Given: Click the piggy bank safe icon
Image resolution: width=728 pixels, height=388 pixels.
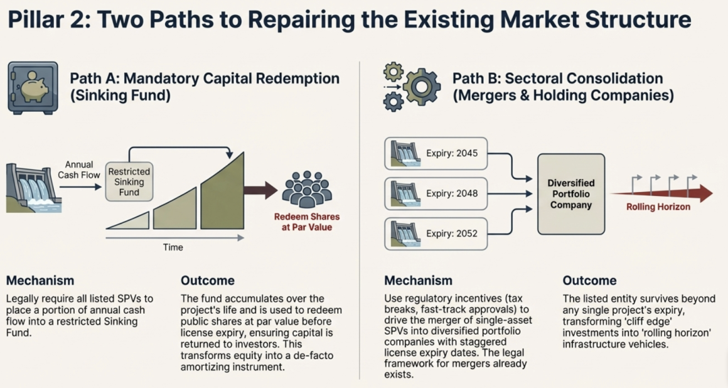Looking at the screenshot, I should tap(33, 88).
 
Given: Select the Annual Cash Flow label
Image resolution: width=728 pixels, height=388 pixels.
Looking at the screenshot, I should tap(79, 170).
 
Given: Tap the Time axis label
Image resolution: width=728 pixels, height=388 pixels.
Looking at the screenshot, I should tap(173, 247).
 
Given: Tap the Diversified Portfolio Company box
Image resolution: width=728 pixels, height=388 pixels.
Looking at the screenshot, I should tap(571, 193).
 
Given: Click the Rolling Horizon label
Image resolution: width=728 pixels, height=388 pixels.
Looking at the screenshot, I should tap(658, 207).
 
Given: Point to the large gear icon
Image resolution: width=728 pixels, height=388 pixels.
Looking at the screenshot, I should tap(422, 86).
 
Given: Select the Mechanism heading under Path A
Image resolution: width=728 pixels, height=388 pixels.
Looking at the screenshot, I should tap(40, 280).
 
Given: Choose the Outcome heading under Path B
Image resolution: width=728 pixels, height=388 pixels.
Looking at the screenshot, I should tap(589, 280).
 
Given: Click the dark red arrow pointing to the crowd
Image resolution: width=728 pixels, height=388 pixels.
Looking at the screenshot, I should tap(260, 190).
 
